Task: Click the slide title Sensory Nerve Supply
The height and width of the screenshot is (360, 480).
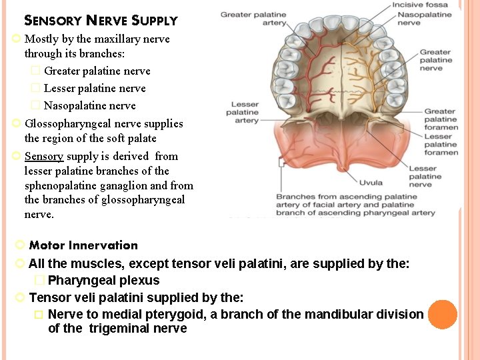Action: tap(101, 21)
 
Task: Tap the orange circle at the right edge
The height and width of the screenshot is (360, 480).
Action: tap(443, 315)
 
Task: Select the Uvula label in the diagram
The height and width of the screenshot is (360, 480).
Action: tap(370, 181)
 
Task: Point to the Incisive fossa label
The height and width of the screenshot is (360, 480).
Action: tap(420, 5)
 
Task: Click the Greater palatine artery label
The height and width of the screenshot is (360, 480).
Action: tap(253, 19)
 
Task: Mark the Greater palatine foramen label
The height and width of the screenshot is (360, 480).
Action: tap(441, 119)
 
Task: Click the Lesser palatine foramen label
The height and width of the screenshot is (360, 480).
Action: tap(441, 145)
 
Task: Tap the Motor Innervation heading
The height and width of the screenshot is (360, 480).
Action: tap(83, 245)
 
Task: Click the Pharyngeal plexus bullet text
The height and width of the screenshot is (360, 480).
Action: tap(103, 281)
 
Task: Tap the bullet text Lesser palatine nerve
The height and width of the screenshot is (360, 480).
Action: tap(95, 88)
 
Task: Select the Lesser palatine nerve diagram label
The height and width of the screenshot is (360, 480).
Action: tap(425, 177)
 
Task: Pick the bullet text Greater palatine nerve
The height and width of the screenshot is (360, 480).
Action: tap(97, 71)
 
